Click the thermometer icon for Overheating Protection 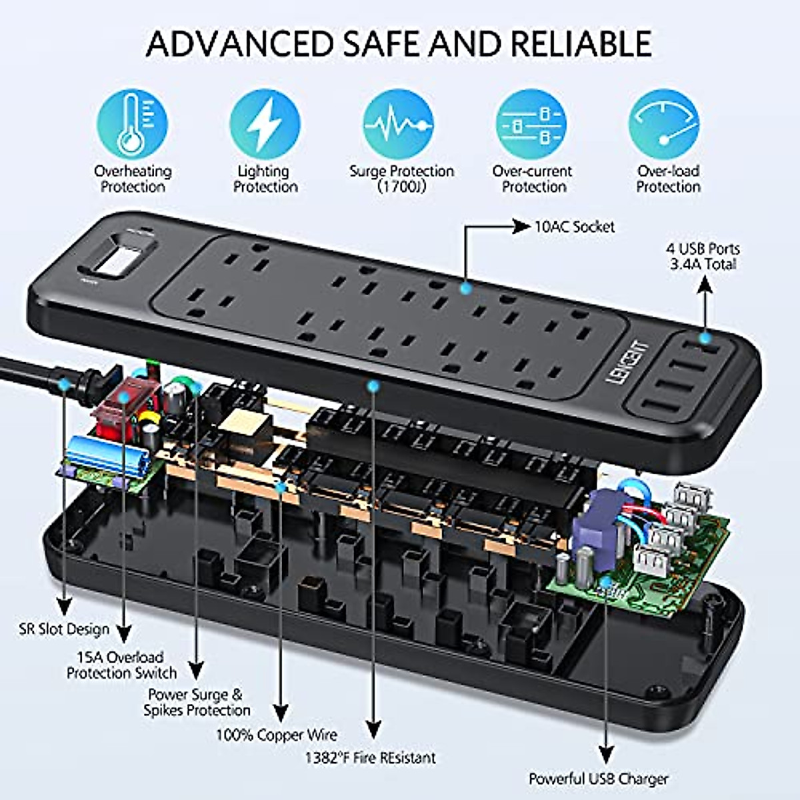132,125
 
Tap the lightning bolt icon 265,125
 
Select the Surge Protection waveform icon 399,125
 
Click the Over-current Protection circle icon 531,125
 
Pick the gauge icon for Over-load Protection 664,125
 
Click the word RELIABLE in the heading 581,44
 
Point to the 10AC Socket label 575,227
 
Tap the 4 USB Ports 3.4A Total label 703,257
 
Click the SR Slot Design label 64,629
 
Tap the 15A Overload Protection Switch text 121,665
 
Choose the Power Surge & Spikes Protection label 197,703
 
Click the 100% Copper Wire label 276,735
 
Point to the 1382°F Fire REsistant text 371,758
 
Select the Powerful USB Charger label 598,779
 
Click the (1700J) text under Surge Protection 401,187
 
